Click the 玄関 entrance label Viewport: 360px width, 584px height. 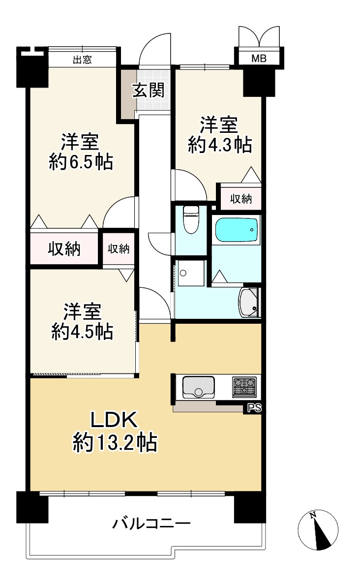point(148,90)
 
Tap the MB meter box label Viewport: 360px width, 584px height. point(259,58)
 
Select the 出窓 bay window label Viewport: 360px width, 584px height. point(82,60)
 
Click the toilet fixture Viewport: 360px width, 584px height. point(191,219)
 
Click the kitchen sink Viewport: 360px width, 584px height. point(198,387)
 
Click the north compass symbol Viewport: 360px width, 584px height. point(318,530)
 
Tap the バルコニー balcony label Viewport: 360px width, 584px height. point(151,523)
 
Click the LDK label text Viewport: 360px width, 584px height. point(115,420)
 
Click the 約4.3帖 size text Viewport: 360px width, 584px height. point(220,145)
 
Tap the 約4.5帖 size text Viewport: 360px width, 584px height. point(82,331)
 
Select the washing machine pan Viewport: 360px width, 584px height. point(191,273)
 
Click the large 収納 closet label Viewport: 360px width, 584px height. point(64,249)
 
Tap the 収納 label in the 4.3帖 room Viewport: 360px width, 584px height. point(241,199)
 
